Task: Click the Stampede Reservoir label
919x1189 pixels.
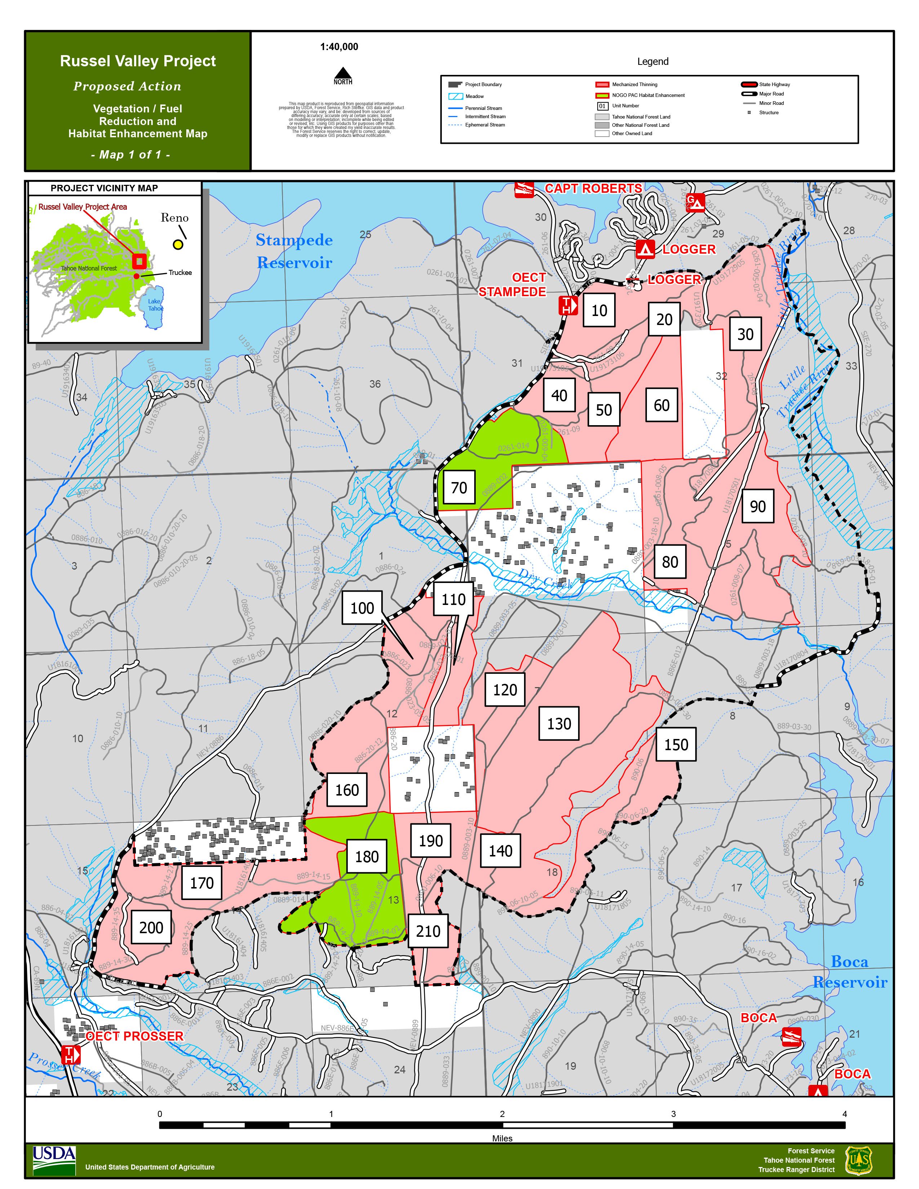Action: coord(294,251)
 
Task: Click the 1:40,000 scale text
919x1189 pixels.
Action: coord(339,47)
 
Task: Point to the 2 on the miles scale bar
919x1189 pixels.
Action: coord(502,1113)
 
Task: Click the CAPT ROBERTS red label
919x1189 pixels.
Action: coord(593,188)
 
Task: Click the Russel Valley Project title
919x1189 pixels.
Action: coord(138,61)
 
